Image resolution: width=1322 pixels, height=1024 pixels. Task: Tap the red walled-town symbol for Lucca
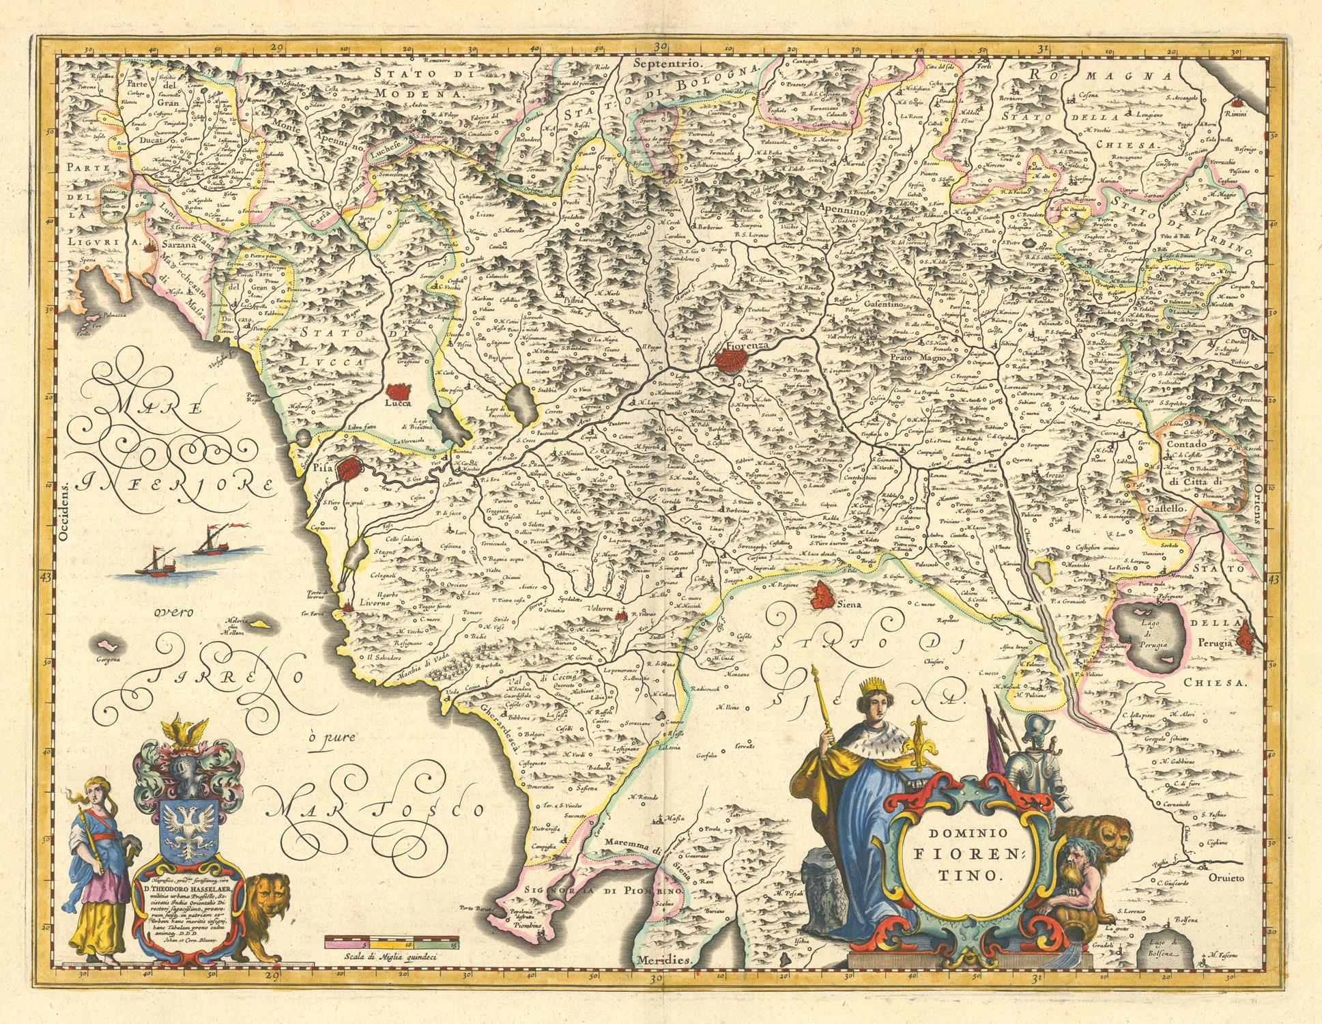(x=399, y=393)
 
